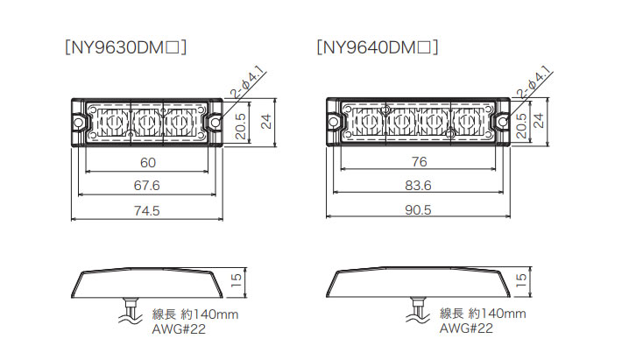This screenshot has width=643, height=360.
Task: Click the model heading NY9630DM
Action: [125, 47]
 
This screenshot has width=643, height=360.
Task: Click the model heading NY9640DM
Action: [378, 47]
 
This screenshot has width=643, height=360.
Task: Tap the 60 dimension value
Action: [148, 163]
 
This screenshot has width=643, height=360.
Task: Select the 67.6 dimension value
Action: [147, 186]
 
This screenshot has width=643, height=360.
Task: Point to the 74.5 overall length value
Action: [147, 211]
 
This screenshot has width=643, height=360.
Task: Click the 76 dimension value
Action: [419, 162]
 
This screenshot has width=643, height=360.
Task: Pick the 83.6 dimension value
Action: [418, 186]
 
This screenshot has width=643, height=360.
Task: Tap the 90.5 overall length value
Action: [418, 210]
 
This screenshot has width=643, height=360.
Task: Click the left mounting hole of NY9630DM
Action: [78, 122]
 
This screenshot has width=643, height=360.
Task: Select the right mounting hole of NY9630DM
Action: [216, 122]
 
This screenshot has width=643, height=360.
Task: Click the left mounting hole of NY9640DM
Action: [334, 122]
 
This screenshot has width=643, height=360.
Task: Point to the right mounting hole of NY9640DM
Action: [503, 122]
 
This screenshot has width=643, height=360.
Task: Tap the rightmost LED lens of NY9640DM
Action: [468, 122]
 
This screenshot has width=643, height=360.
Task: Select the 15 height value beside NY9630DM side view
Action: [237, 280]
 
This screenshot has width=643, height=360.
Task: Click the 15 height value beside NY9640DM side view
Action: [521, 280]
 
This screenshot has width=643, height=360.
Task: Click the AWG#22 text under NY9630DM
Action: [179, 329]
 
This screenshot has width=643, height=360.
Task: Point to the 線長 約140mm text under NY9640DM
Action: [483, 314]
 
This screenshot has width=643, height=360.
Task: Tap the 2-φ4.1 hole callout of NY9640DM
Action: [533, 82]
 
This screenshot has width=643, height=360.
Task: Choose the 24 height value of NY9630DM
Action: [266, 122]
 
